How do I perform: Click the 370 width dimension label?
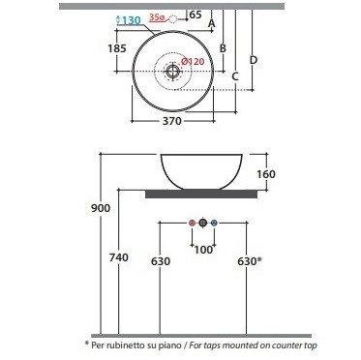pos(172,121)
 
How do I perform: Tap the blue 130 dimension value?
pos(132,20)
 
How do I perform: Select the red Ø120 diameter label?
pos(193,61)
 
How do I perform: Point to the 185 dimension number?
pos(117,48)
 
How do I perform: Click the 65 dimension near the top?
pos(196,15)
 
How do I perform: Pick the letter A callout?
pos(212,23)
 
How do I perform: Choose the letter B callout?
pos(223,48)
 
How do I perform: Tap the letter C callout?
pos(235,76)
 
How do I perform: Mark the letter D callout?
pos(254,60)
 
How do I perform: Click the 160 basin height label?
pos(266,174)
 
